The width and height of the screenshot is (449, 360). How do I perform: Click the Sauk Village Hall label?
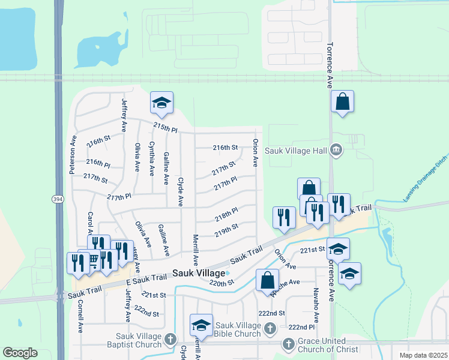(297, 150)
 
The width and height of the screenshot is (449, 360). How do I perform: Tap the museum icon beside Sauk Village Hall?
(336, 150)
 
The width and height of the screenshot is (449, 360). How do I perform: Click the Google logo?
(20, 353)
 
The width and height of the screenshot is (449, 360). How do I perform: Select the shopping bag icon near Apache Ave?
(267, 280)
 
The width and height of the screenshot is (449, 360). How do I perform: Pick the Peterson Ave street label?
(73, 154)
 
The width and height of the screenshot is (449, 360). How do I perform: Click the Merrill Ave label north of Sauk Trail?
(195, 248)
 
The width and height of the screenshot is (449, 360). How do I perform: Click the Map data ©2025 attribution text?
(423, 355)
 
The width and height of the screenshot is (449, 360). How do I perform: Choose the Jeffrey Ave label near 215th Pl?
(124, 115)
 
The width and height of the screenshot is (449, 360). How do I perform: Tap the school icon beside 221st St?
(338, 248)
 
